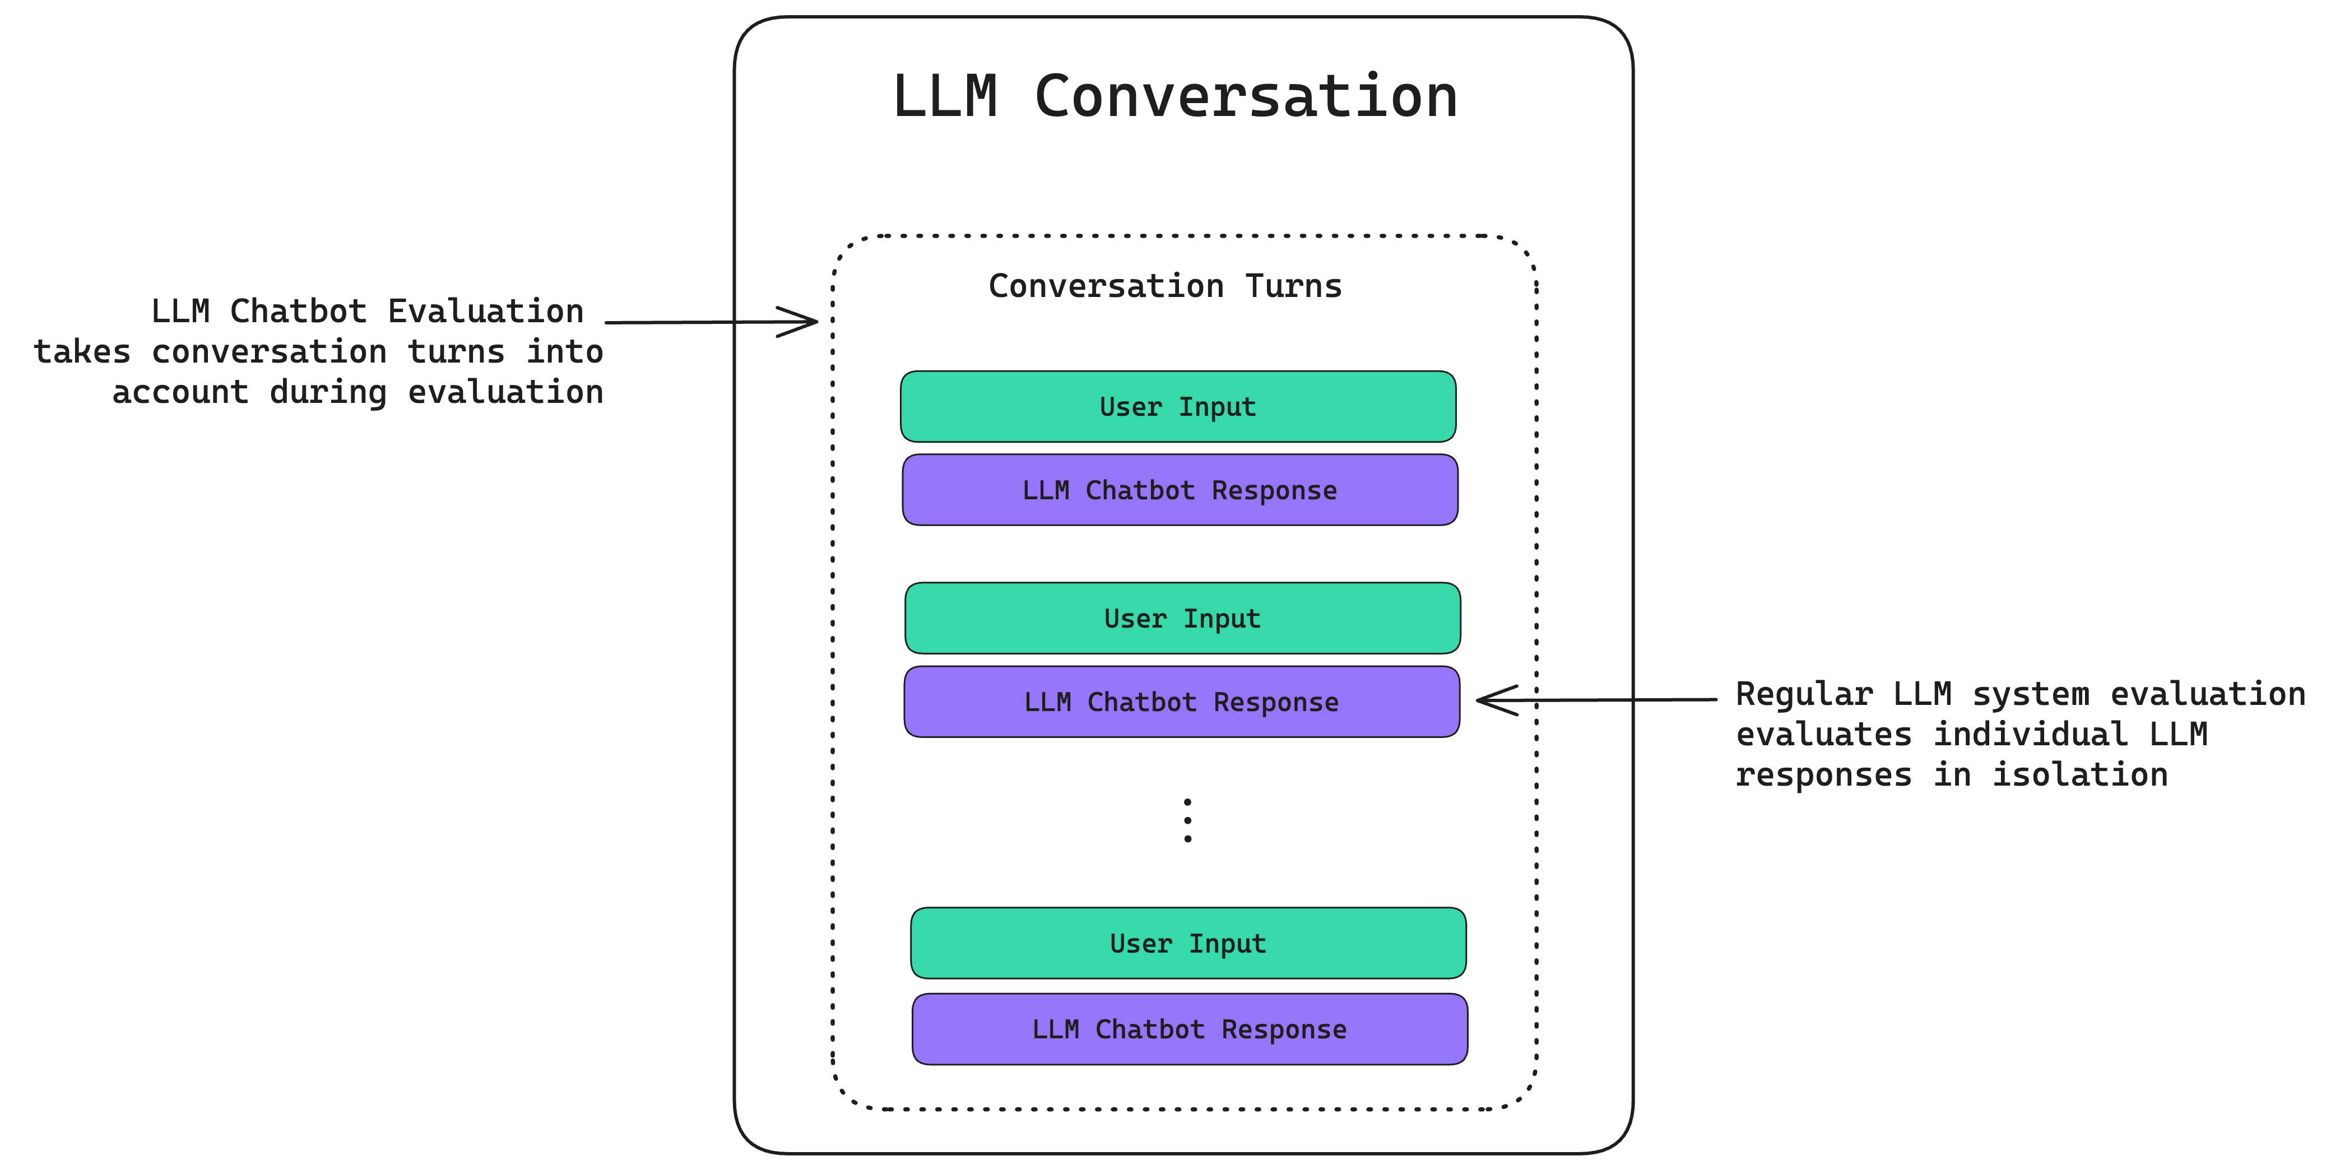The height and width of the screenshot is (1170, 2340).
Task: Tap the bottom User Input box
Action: [1187, 943]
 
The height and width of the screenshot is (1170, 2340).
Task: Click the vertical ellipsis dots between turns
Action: [1187, 820]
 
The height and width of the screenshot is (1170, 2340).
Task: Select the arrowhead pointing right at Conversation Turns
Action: [804, 322]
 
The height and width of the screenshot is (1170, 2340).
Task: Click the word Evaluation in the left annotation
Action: [485, 312]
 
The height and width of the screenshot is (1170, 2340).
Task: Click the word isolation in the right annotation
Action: [2079, 775]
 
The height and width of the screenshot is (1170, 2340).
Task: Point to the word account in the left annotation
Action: [180, 392]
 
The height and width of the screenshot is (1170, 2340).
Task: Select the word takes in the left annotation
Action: [82, 351]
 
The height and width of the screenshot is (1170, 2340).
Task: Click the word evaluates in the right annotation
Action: [1823, 734]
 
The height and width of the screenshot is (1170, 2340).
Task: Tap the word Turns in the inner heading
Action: [1293, 286]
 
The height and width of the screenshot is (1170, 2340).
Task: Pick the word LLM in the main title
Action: [945, 96]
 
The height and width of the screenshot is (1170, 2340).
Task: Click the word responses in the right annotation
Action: [1823, 775]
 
